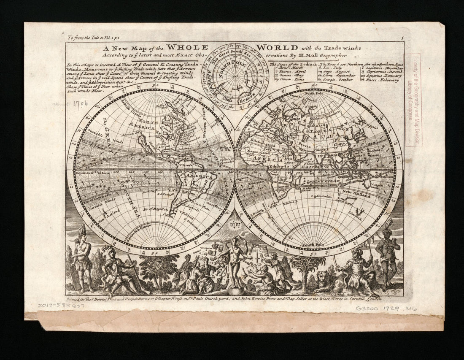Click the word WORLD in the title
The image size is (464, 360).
point(278,47)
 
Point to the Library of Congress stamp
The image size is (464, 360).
point(412,99)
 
